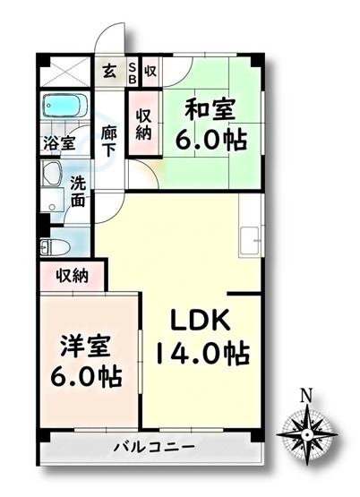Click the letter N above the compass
coord(305,394)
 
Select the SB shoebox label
coord(132,71)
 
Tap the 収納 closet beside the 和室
coord(143,123)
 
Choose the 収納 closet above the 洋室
coord(71,276)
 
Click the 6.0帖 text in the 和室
coord(213,141)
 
